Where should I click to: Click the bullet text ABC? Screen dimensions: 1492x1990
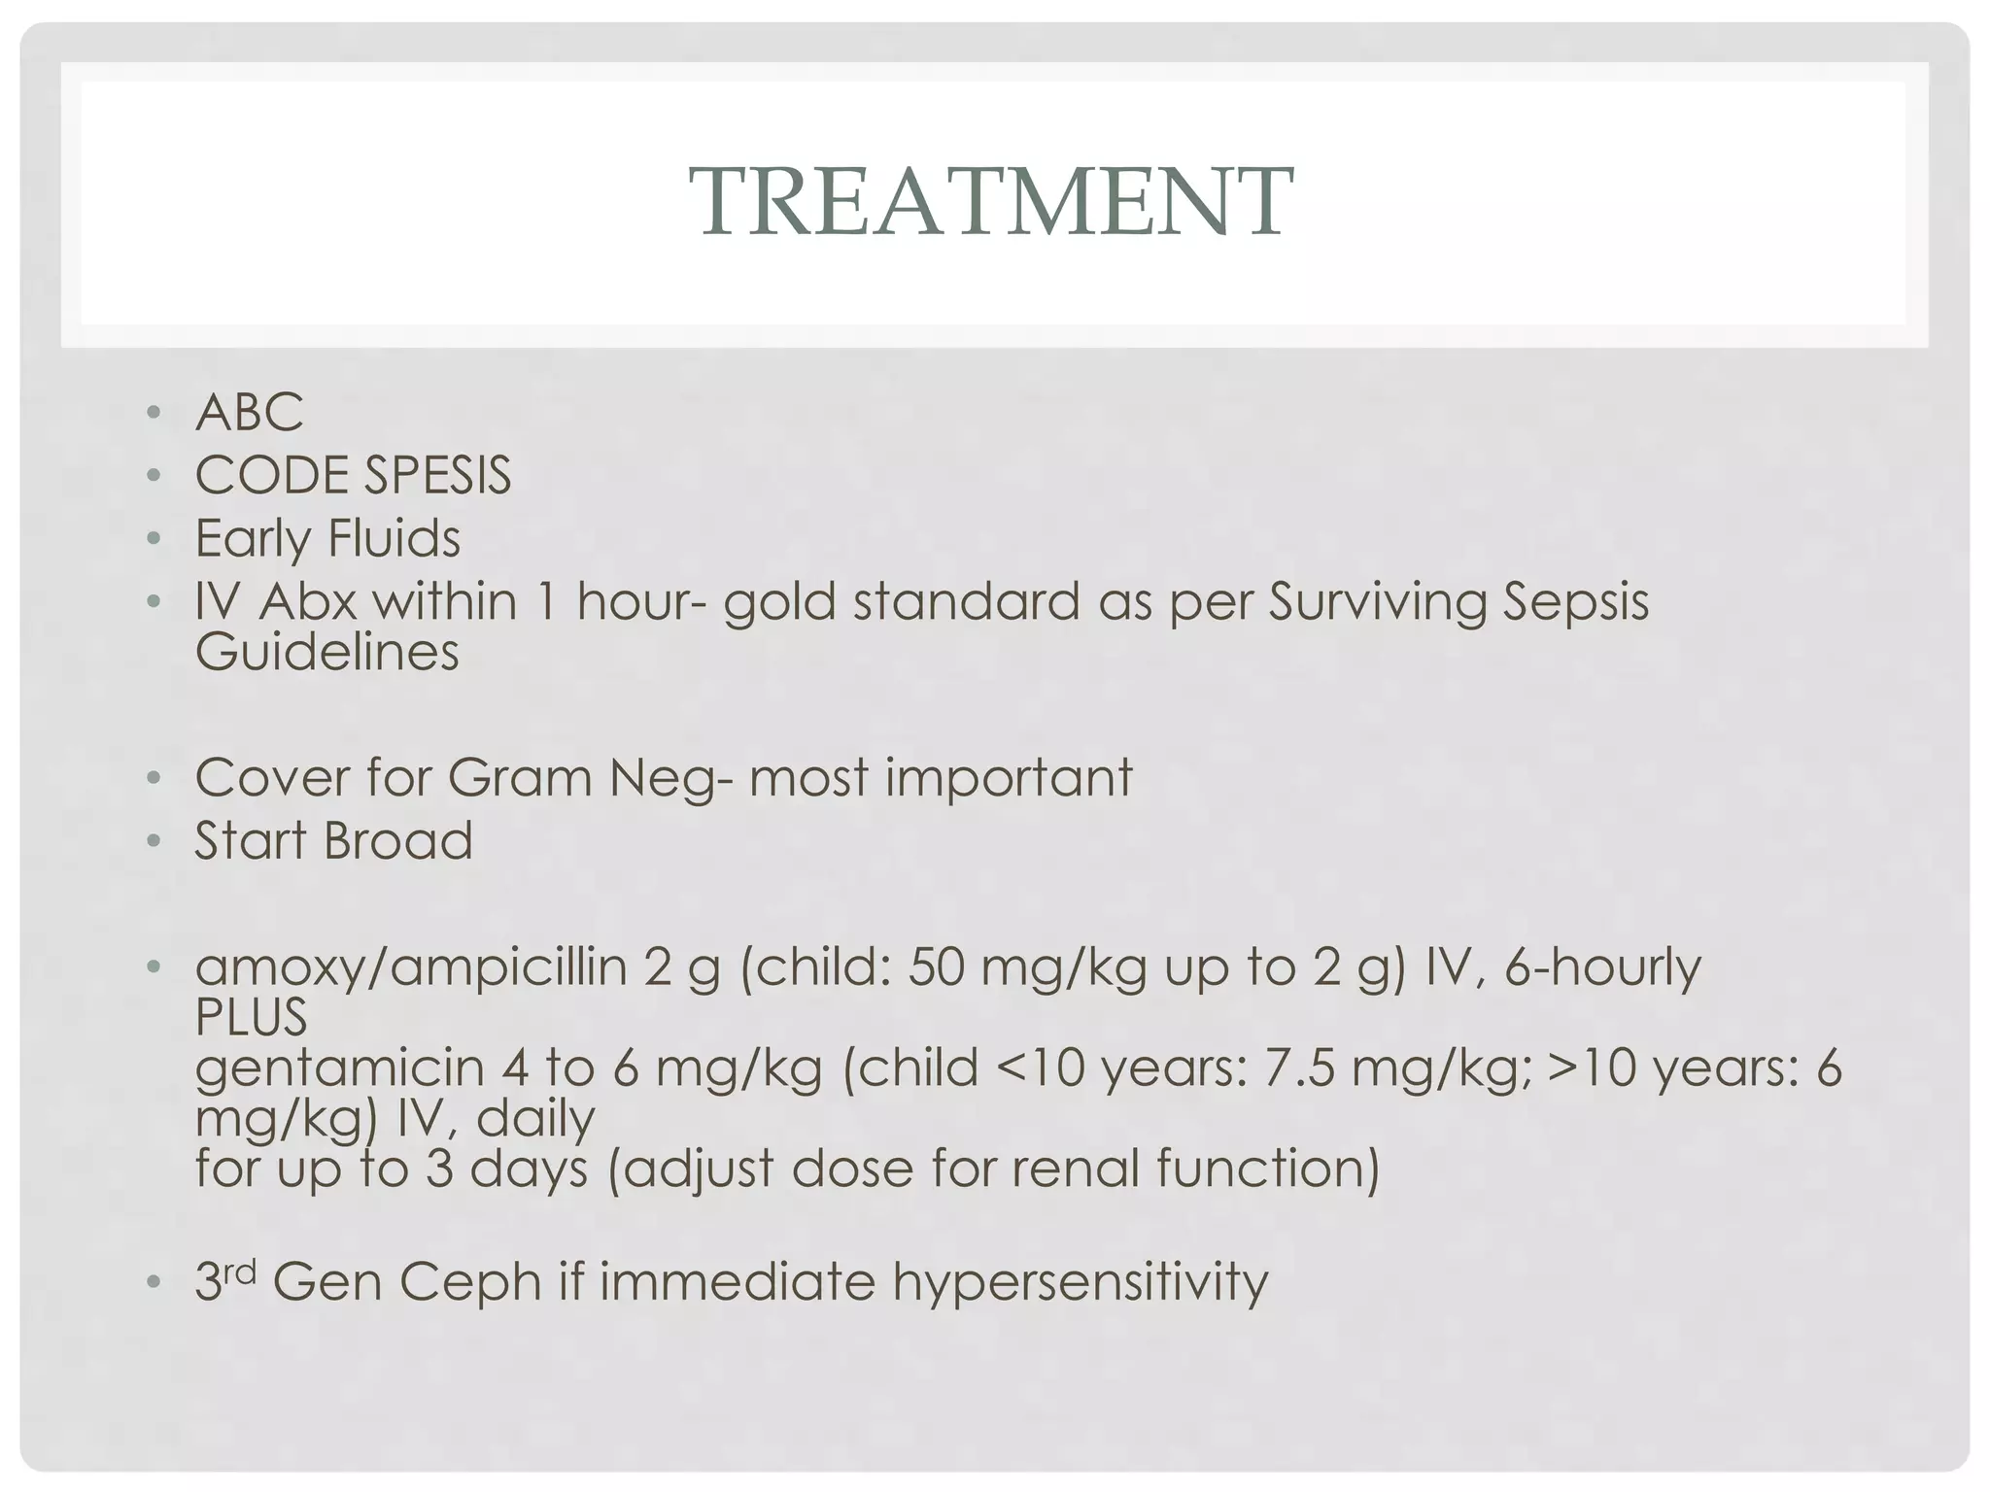point(250,412)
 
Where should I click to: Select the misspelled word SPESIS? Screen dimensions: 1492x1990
point(437,475)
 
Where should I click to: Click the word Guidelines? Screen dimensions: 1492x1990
point(326,651)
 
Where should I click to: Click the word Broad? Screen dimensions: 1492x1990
point(398,840)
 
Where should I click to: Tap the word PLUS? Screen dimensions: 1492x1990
point(251,1017)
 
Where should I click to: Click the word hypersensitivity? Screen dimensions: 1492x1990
point(1081,1282)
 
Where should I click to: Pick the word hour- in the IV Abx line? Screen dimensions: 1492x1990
point(640,601)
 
